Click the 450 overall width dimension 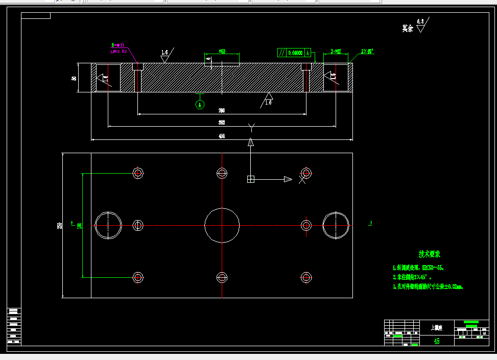click(222, 136)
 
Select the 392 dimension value click(222, 123)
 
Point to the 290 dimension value click(222, 110)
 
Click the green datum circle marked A click(200, 104)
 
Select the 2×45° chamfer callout click(367, 51)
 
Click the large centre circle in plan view click(222, 225)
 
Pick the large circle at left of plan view click(108, 225)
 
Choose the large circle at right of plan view click(336, 225)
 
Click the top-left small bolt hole click(137, 173)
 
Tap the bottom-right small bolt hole click(306, 277)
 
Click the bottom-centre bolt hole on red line click(222, 277)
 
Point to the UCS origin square click(250, 179)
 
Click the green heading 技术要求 click(429, 254)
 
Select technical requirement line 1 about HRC click(418, 267)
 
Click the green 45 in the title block click(436, 341)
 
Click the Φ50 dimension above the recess click(222, 51)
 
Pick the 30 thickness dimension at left click(74, 78)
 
